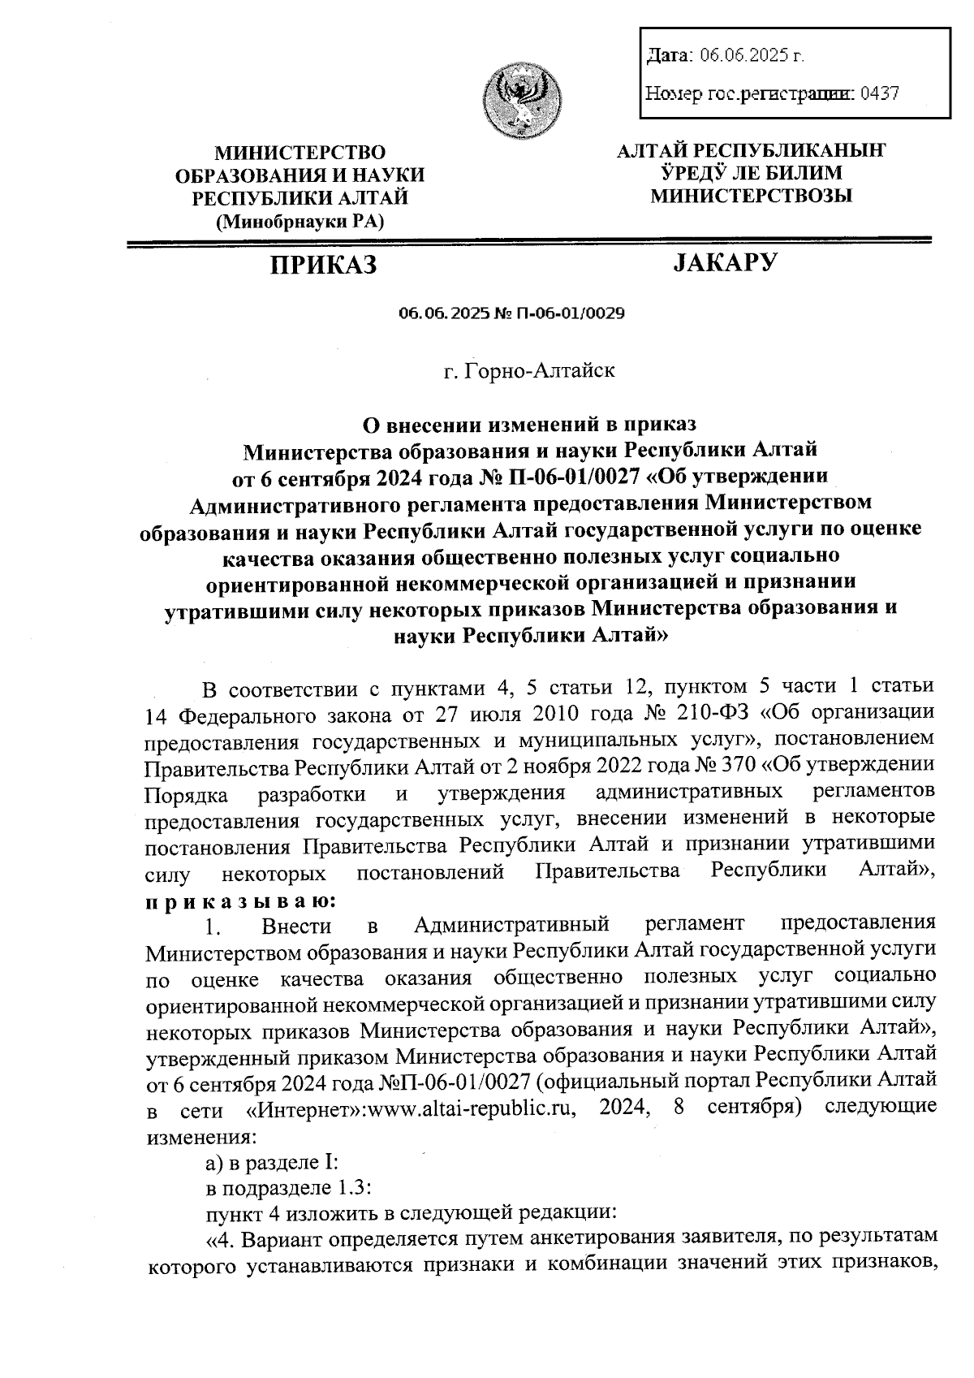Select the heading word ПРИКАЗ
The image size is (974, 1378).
coord(324,264)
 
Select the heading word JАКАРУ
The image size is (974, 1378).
coord(726,262)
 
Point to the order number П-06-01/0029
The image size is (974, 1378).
coord(568,313)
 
